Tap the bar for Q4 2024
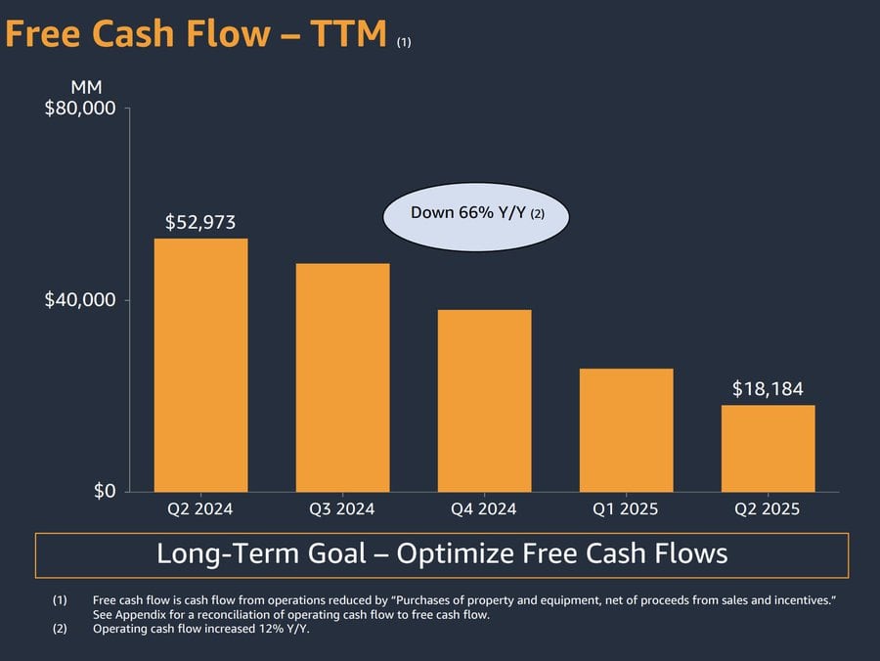pyautogui.click(x=484, y=401)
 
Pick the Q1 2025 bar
pyautogui.click(x=626, y=430)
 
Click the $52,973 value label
pyautogui.click(x=200, y=222)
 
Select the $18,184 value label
pyautogui.click(x=768, y=389)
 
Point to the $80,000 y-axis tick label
pyautogui.click(x=81, y=109)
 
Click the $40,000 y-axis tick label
pyautogui.click(x=81, y=300)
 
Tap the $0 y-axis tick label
pyautogui.click(x=105, y=491)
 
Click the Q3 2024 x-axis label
pyautogui.click(x=342, y=509)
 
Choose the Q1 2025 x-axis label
pyautogui.click(x=626, y=509)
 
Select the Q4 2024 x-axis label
pyautogui.click(x=484, y=509)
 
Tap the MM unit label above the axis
pyautogui.click(x=86, y=88)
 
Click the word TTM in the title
pyautogui.click(x=348, y=34)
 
